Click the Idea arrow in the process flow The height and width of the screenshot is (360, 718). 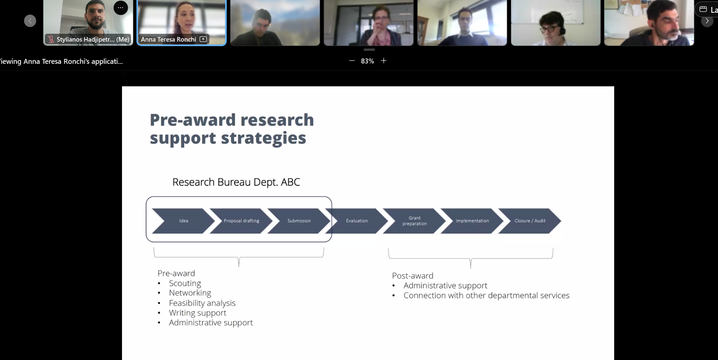(x=183, y=221)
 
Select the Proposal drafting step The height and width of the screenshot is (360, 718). (x=241, y=221)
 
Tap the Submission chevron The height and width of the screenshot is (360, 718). (x=299, y=221)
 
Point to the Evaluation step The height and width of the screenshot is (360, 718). (x=357, y=221)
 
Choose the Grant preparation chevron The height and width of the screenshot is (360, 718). (x=414, y=221)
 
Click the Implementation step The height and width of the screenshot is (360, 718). (x=472, y=221)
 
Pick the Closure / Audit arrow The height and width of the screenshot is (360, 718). (x=530, y=221)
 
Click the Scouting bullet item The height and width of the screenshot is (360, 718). (x=185, y=283)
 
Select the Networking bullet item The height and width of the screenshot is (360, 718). (x=190, y=293)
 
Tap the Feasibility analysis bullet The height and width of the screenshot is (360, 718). (x=202, y=303)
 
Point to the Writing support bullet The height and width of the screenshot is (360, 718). (x=197, y=313)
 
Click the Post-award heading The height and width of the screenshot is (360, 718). (x=413, y=276)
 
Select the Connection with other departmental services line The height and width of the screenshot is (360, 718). (x=486, y=295)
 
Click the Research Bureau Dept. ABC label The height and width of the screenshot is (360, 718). (x=236, y=182)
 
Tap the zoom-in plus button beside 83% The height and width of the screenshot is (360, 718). (x=384, y=61)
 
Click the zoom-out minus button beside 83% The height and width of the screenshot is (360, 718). (x=352, y=61)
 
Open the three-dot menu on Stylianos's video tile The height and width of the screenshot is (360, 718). (x=121, y=7)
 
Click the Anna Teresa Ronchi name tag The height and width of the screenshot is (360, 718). (x=174, y=39)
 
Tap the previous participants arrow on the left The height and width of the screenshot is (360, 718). (x=30, y=21)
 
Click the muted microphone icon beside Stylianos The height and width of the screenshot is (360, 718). (x=51, y=40)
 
